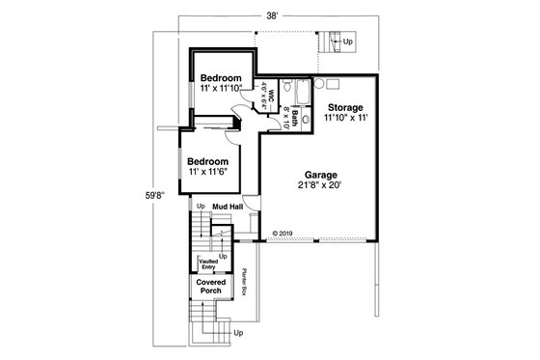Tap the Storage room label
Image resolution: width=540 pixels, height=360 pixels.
pos(344,106)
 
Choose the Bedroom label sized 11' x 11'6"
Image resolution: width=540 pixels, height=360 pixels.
pos(207,160)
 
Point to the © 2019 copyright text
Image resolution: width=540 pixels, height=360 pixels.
pos(282,232)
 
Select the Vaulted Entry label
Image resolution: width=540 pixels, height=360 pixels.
pos(207,263)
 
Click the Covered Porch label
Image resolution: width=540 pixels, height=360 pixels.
pos(211,286)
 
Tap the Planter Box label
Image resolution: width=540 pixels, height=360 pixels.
pos(246,281)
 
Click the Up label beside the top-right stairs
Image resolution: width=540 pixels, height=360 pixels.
pos(348,43)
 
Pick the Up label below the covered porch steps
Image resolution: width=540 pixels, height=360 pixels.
pos(238,333)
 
